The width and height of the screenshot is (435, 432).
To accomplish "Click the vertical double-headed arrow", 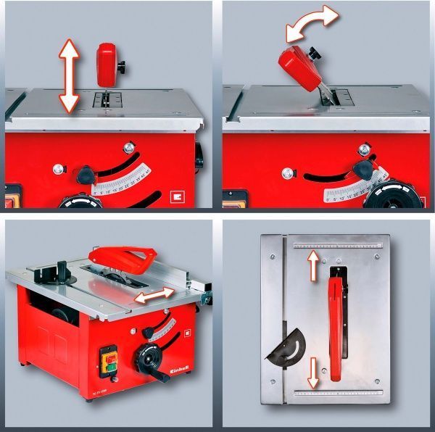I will [69, 75].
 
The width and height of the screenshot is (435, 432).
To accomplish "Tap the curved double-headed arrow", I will [312, 25].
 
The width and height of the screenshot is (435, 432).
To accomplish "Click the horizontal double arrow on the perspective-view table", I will [153, 296].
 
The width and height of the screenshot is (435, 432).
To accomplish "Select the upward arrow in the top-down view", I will [313, 267].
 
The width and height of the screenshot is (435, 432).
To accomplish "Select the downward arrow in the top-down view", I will [312, 370].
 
